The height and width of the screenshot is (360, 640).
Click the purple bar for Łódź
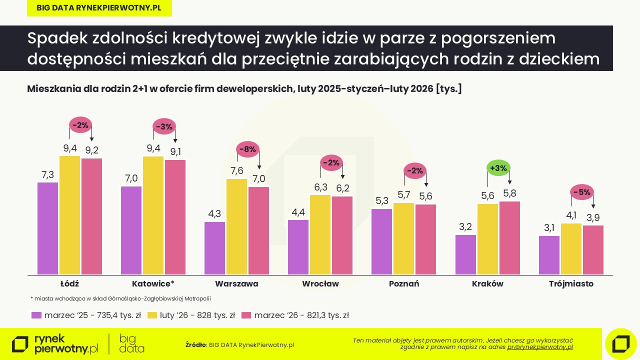[47, 228]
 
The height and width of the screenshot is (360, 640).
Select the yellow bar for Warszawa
[236, 226]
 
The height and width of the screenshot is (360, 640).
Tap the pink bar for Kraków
[509, 238]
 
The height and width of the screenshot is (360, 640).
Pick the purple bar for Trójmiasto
[549, 255]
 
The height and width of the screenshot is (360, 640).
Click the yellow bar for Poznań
[403, 238]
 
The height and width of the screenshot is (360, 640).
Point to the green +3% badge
[498, 168]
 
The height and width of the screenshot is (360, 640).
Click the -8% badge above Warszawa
[247, 149]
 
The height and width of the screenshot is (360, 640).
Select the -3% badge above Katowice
[163, 126]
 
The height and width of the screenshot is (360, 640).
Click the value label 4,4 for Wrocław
[298, 212]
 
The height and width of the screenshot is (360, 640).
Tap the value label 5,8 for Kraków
[509, 193]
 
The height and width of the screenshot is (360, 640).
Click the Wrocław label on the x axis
[320, 284]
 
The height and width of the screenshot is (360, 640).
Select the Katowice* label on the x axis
[153, 284]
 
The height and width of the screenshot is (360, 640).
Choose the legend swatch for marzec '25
[36, 315]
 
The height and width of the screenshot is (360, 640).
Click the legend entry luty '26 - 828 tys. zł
[197, 315]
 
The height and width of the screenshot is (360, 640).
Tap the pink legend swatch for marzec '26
[245, 315]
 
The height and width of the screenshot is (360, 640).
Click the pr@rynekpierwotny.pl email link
[540, 346]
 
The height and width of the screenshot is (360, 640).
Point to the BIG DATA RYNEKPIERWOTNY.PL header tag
[99, 8]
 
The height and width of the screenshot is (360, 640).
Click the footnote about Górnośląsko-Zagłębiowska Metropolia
[120, 298]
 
